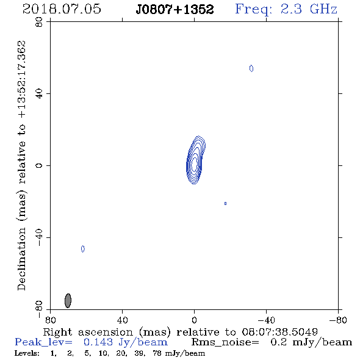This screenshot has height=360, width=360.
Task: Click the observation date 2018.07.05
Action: pyautogui.click(x=62, y=9)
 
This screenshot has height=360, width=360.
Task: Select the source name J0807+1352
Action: pyautogui.click(x=175, y=9)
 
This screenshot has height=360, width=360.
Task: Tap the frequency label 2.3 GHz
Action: pyautogui.click(x=309, y=9)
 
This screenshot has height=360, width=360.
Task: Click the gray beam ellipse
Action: pyautogui.click(x=68, y=301)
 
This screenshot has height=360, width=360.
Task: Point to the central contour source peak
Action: pyautogui.click(x=194, y=164)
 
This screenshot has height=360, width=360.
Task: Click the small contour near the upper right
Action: pyautogui.click(x=251, y=68)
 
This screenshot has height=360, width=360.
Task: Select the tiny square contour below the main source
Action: pyautogui.click(x=226, y=203)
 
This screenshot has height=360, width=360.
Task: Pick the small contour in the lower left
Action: pyautogui.click(x=83, y=249)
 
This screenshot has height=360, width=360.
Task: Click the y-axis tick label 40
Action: pyautogui.click(x=39, y=94)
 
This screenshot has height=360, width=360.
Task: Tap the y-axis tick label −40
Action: pyautogui.click(x=39, y=237)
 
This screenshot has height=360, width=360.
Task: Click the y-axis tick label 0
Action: pyautogui.click(x=39, y=165)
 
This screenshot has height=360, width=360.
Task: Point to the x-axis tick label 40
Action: pyautogui.click(x=122, y=320)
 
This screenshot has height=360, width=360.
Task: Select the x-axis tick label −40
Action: pyautogui.click(x=266, y=320)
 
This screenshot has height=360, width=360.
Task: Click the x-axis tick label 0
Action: pyautogui.click(x=194, y=320)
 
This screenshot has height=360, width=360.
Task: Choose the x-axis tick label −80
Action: pyautogui.click(x=338, y=320)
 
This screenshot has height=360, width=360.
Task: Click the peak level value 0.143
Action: pyautogui.click(x=98, y=342)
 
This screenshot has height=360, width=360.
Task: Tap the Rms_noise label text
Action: pyautogui.click(x=225, y=342)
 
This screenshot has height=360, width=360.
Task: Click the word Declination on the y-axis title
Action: pyautogui.click(x=21, y=259)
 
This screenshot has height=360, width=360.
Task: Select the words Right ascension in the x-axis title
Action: pyautogui.click(x=88, y=332)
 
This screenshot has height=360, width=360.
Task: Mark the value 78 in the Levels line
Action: pyautogui.click(x=157, y=353)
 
